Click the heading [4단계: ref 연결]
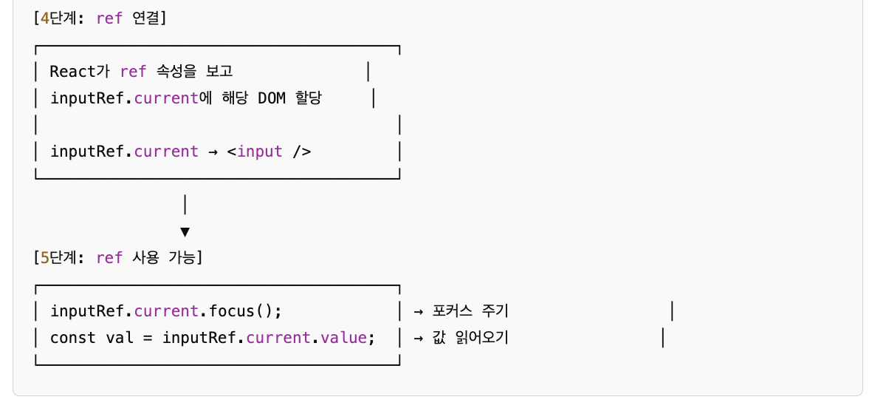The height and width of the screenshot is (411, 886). [100, 18]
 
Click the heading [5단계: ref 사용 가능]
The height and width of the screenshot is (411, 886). [119, 257]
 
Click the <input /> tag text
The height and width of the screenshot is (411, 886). [269, 152]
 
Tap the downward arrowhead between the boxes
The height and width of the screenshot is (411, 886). [185, 232]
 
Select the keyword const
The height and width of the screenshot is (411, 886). [73, 338]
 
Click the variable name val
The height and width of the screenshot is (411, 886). [120, 338]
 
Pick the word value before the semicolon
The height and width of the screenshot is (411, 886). [343, 338]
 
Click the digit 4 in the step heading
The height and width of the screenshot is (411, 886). [44, 18]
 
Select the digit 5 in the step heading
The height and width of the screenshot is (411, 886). [44, 257]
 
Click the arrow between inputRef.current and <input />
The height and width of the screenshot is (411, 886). [213, 152]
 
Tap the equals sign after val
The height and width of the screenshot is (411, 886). [148, 338]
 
